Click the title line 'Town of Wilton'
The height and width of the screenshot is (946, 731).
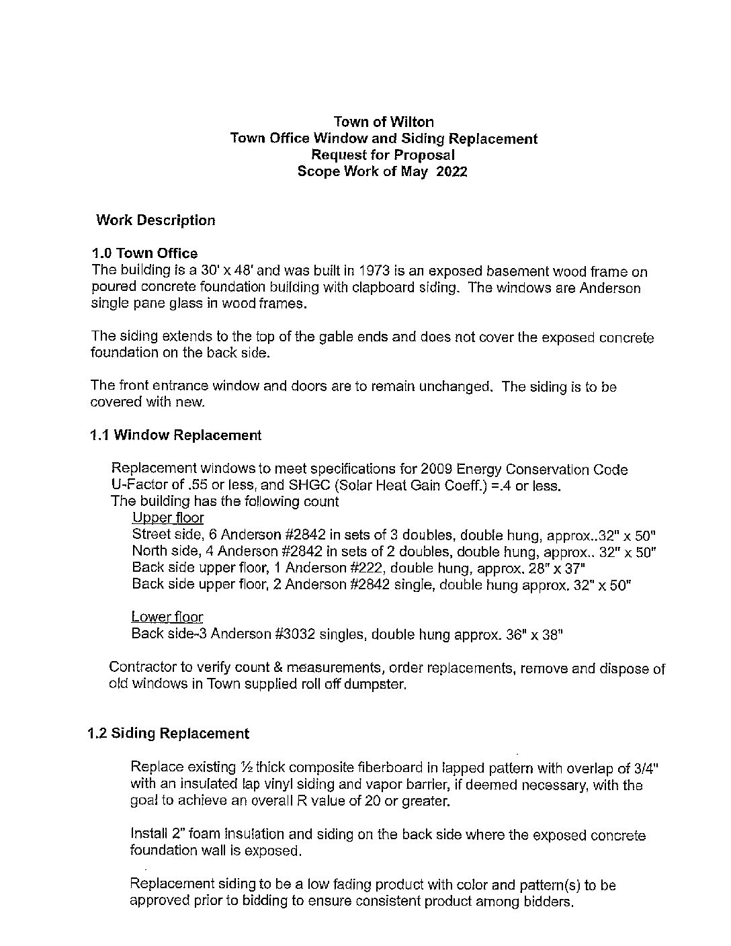pos(384,122)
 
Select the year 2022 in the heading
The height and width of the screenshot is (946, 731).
pos(451,171)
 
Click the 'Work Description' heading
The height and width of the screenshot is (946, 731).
pos(156,220)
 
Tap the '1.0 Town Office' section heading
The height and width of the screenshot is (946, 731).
pos(144,253)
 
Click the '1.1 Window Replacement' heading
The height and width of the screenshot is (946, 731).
pos(175,435)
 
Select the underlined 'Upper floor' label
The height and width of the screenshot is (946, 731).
pos(168,518)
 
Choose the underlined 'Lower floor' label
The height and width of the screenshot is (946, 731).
pos(167,617)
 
